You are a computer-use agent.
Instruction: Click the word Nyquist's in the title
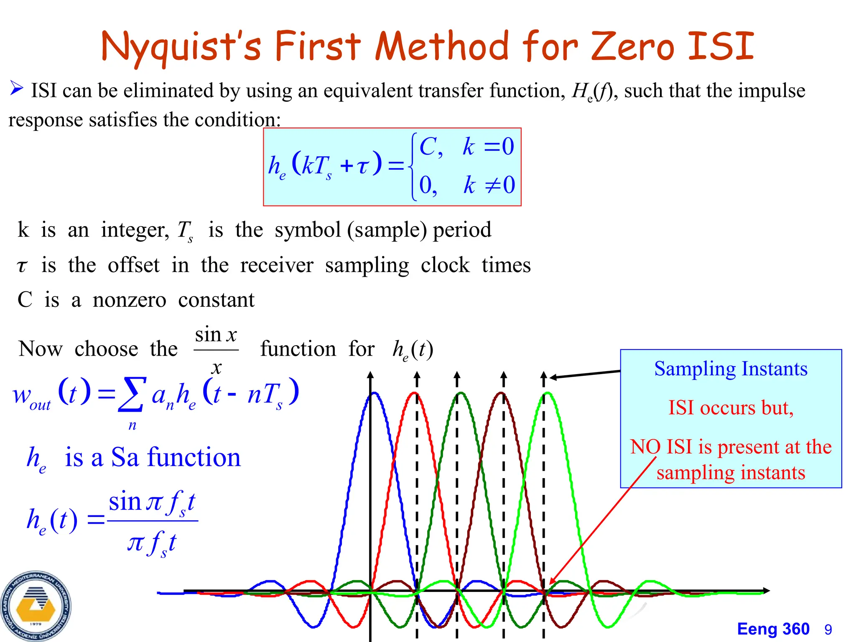pyautogui.click(x=181, y=46)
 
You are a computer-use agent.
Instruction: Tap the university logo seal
pyautogui.click(x=36, y=606)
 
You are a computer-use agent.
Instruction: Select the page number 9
pyautogui.click(x=828, y=629)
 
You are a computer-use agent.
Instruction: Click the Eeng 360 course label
pyautogui.click(x=773, y=629)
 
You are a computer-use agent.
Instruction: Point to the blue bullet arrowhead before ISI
pyautogui.click(x=17, y=88)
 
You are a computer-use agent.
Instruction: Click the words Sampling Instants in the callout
pyautogui.click(x=731, y=369)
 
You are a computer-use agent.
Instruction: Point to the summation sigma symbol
pyautogui.click(x=132, y=394)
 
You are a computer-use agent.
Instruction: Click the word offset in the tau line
pyautogui.click(x=133, y=265)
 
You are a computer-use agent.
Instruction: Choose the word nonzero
pyautogui.click(x=129, y=300)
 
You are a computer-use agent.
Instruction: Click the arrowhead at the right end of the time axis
pyautogui.click(x=766, y=591)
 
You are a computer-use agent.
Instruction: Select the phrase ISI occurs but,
pyautogui.click(x=731, y=408)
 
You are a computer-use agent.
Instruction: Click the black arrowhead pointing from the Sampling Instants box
pyautogui.click(x=553, y=377)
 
